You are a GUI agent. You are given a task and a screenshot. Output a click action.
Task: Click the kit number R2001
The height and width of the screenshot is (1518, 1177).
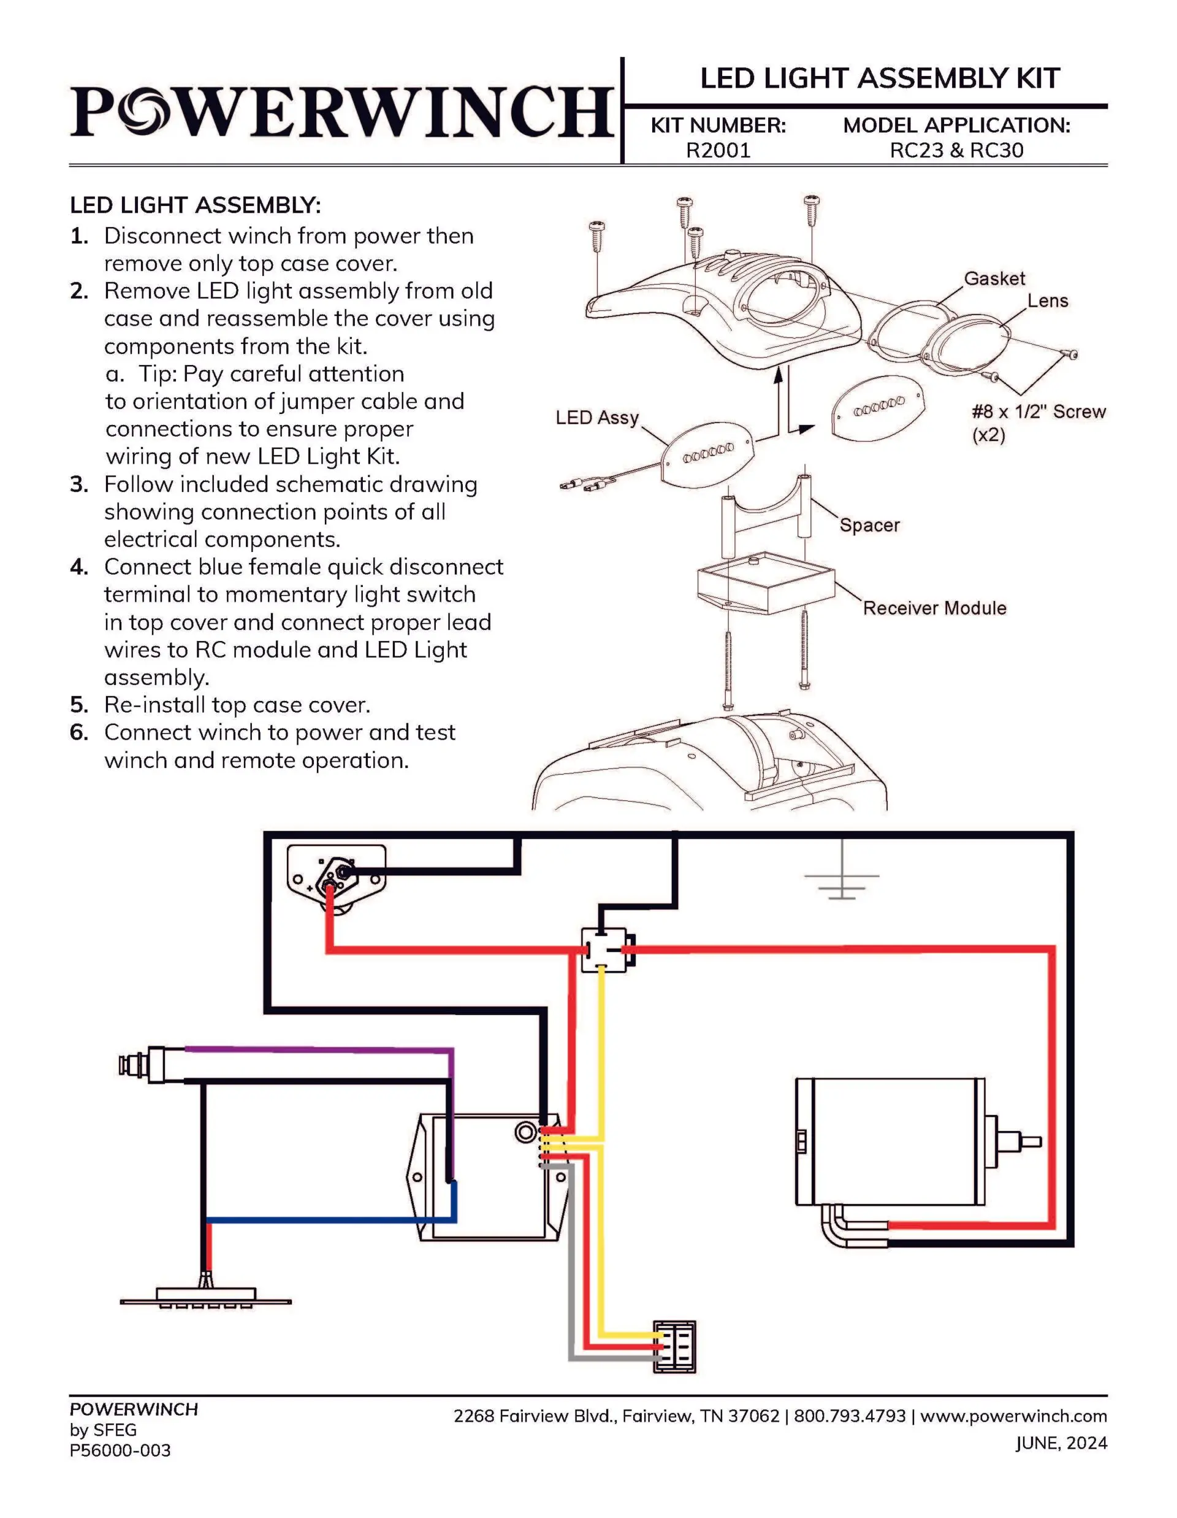[718, 151]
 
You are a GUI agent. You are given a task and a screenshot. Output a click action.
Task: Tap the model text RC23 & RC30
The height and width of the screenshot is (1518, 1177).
[956, 151]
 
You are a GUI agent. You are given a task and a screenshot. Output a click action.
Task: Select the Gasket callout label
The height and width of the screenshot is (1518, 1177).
[994, 278]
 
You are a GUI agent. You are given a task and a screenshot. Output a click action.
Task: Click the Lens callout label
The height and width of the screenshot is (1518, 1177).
[1047, 301]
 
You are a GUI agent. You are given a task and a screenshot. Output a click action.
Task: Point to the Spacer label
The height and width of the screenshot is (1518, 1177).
[869, 525]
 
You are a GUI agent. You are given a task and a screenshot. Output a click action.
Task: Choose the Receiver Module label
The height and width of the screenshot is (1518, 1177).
[934, 608]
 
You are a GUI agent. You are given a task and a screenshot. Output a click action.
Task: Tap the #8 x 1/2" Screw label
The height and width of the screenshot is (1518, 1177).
[1037, 412]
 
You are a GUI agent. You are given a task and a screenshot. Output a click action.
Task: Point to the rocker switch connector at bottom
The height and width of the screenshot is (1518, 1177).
[674, 1347]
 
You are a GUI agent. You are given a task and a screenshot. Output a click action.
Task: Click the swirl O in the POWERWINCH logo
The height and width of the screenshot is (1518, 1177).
[142, 110]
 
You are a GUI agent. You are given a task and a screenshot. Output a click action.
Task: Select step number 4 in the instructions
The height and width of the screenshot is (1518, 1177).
[78, 567]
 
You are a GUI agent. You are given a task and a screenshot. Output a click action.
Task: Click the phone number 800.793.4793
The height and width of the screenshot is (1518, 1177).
[849, 1416]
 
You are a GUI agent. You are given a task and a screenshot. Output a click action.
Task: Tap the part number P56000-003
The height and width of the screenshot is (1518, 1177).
[120, 1451]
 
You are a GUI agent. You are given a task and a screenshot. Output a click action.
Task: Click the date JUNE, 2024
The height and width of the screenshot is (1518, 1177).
[1061, 1444]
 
